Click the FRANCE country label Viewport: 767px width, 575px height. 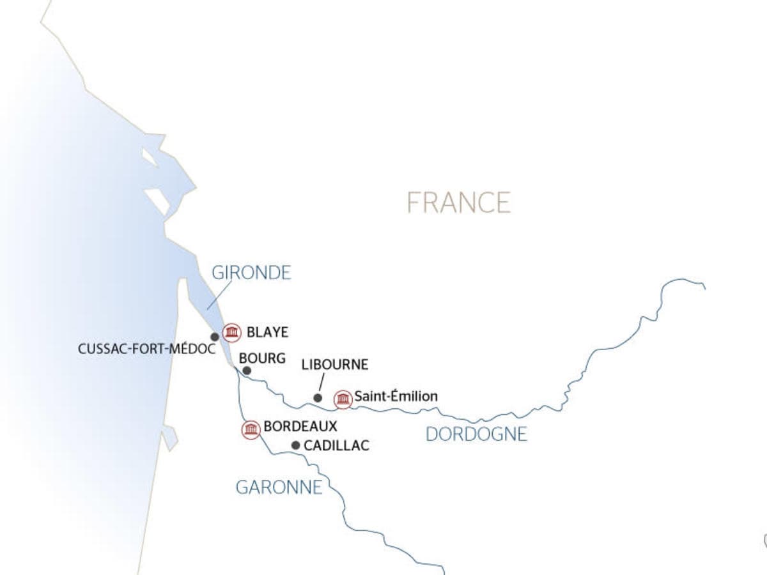[459, 202]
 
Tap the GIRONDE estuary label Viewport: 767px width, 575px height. [251, 273]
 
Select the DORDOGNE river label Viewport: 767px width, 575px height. [476, 434]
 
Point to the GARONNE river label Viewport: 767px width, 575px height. [279, 487]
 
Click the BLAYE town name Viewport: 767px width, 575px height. [267, 332]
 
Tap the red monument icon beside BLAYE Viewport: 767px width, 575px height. [232, 332]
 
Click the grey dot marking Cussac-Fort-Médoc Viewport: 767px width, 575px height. [215, 337]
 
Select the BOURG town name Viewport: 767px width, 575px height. [262, 358]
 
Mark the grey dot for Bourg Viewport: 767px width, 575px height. [247, 370]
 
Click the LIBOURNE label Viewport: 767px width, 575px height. [334, 365]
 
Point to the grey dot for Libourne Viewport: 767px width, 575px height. [318, 398]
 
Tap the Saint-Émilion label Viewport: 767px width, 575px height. [396, 397]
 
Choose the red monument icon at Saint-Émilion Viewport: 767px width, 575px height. [343, 399]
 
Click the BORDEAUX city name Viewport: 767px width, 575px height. [300, 425]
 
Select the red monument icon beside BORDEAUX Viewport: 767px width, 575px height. [251, 429]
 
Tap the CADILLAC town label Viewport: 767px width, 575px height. [336, 445]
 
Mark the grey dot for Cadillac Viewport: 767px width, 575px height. [295, 445]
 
